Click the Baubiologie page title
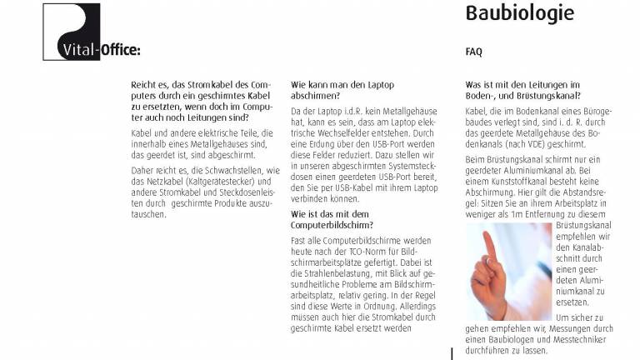[x=519, y=14]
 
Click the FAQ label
[x=473, y=52]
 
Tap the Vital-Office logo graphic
[x=71, y=32]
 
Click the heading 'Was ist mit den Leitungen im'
[x=522, y=84]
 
